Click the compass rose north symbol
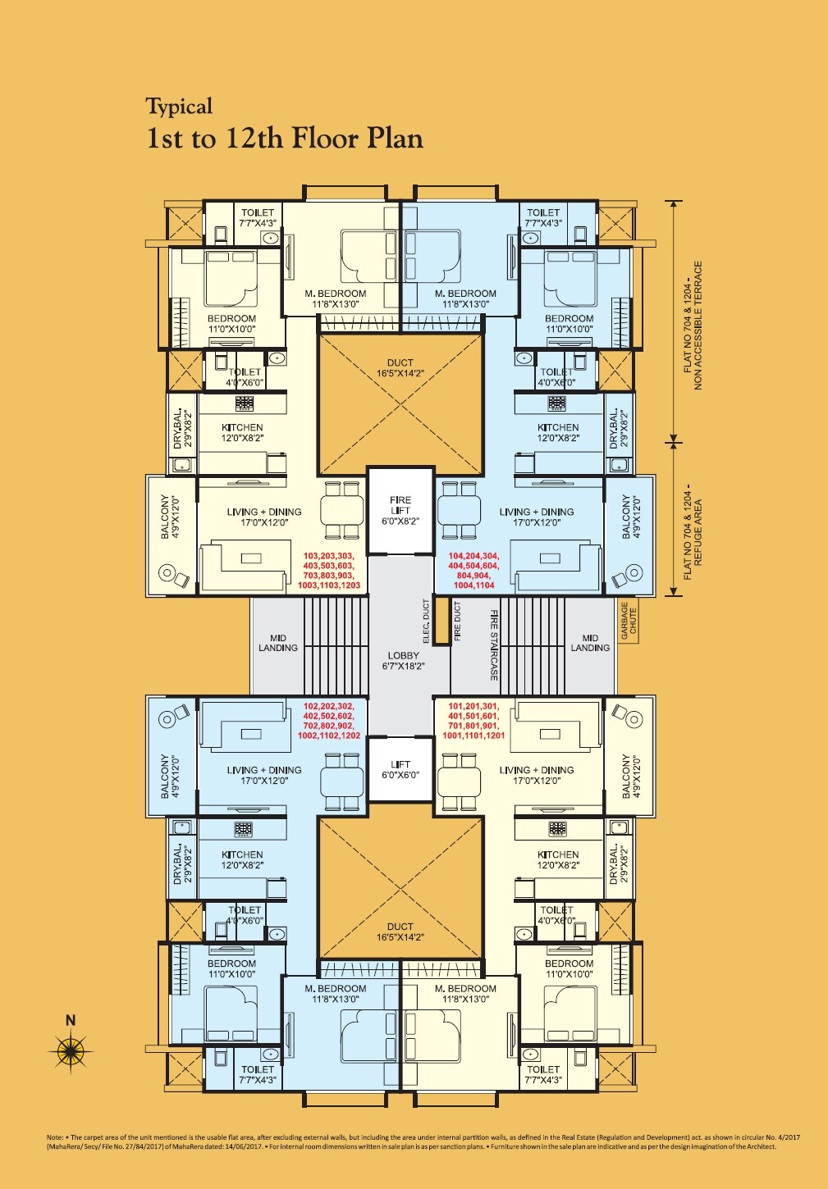pyautogui.click(x=71, y=1049)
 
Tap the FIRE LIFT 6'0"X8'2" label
pyautogui.click(x=400, y=510)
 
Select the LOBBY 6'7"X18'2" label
pyautogui.click(x=403, y=661)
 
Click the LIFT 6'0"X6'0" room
pyautogui.click(x=400, y=769)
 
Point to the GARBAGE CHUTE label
pyautogui.click(x=628, y=621)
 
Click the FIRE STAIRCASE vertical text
pyautogui.click(x=494, y=645)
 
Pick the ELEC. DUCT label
pyautogui.click(x=426, y=621)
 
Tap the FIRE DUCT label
pyautogui.click(x=458, y=621)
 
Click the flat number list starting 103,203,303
pyautogui.click(x=329, y=571)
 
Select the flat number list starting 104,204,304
pyautogui.click(x=473, y=571)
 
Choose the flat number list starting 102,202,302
pyautogui.click(x=329, y=721)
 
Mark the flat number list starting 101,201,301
pyautogui.click(x=473, y=721)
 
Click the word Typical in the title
pyautogui.click(x=179, y=107)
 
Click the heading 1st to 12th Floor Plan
pyautogui.click(x=284, y=139)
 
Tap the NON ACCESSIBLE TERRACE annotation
pyautogui.click(x=693, y=326)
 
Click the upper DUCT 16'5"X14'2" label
pyautogui.click(x=400, y=368)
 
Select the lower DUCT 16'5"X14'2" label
pyautogui.click(x=400, y=932)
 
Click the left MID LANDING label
pyautogui.click(x=278, y=643)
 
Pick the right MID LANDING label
pyautogui.click(x=590, y=643)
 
